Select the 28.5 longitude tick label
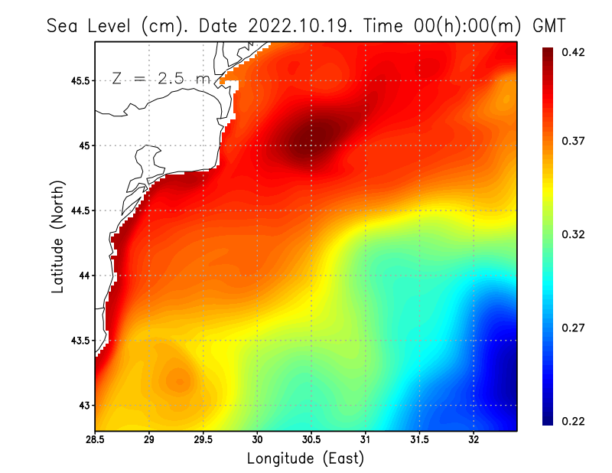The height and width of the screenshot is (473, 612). click(96, 439)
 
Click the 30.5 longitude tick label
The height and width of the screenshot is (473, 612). click(311, 439)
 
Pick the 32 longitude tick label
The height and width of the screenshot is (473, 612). click(474, 439)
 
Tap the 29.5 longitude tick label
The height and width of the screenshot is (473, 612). click(203, 439)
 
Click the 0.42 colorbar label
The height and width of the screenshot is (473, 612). click(574, 52)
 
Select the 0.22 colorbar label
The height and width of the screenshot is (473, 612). click(574, 421)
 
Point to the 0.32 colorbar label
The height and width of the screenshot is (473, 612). click(574, 234)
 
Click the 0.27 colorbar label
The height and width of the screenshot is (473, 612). click(574, 328)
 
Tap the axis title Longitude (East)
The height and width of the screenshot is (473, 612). click(305, 458)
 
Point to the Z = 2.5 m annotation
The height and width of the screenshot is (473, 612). click(161, 78)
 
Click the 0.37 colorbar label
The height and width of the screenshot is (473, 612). click(574, 141)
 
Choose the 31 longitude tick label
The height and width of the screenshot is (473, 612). click(366, 439)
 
